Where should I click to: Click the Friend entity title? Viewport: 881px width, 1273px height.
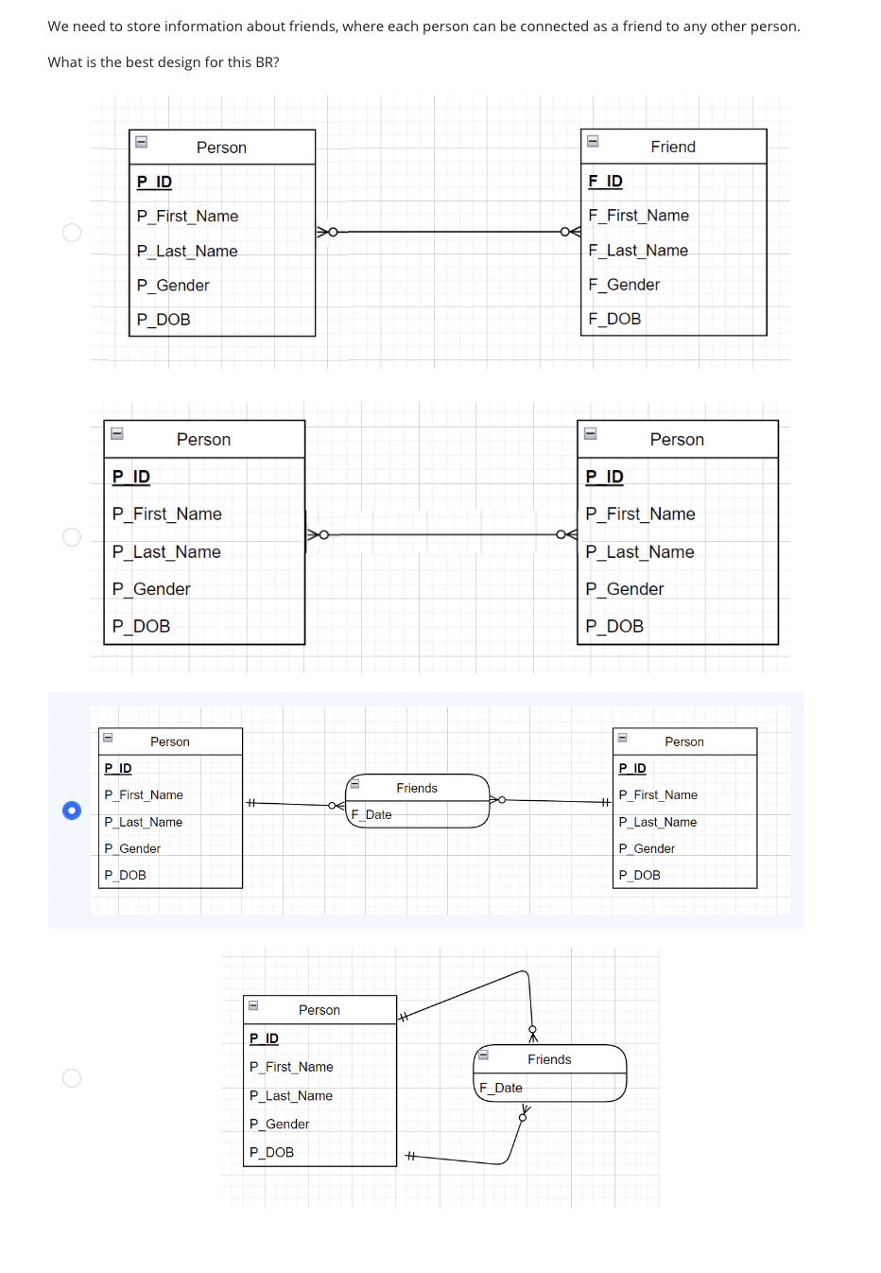673,147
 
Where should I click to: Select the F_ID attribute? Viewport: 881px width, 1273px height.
605,181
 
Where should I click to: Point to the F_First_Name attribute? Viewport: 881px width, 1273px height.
638,216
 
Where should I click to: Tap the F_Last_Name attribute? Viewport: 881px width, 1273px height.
638,251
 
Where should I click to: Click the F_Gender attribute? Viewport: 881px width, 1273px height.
624,285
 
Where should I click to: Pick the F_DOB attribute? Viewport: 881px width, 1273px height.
614,320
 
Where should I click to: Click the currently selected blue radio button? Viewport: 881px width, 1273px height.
72,811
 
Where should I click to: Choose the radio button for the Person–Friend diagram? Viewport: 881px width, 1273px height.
72,233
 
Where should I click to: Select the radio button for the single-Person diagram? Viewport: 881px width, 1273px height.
72,1078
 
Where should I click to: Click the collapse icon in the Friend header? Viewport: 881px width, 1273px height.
593,142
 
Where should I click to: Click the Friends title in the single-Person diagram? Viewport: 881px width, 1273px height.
549,1059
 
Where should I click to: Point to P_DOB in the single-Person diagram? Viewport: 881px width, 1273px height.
271,1152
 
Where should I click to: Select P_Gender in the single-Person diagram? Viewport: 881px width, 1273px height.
279,1124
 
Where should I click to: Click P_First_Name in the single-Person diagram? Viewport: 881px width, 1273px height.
291,1067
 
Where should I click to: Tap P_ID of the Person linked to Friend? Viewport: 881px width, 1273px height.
154,182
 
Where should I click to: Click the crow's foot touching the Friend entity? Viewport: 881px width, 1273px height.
571,232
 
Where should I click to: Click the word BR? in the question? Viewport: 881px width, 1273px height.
267,62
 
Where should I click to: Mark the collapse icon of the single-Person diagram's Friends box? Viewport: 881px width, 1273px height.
483,1055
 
